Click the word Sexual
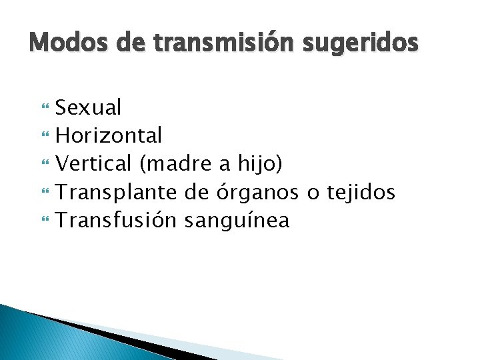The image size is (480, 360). coord(88,107)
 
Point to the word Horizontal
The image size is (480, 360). coord(109,135)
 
